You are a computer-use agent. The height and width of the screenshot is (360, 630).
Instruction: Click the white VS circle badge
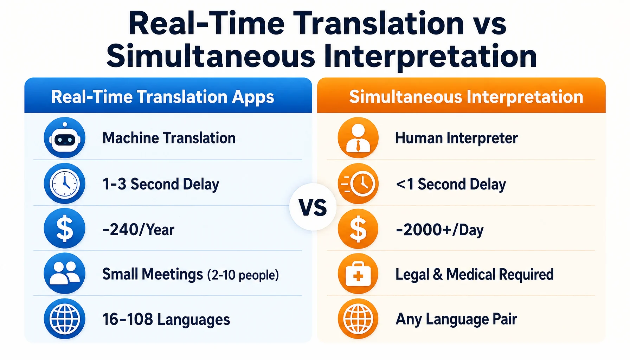point(313,207)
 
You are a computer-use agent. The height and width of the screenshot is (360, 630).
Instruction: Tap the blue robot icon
point(65,137)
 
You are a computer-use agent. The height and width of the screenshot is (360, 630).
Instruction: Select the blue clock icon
point(65,184)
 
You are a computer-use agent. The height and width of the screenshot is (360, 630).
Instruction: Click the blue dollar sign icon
point(65,229)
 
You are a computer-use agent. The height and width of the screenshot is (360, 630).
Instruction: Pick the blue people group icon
point(65,273)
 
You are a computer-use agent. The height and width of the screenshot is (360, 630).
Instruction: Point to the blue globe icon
point(65,319)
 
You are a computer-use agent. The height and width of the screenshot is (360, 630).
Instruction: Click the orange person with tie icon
point(358,137)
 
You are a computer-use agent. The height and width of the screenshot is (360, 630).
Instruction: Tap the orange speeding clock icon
point(358,184)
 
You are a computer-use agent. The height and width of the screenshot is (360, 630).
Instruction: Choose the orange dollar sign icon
point(358,229)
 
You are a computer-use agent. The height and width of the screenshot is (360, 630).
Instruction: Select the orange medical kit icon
point(358,274)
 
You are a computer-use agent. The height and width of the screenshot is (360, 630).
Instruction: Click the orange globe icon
point(358,319)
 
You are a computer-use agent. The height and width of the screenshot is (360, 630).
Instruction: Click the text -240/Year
point(138,230)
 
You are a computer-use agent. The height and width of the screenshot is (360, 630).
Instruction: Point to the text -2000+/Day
point(439,230)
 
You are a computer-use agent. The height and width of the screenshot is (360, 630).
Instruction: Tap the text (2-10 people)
point(243,275)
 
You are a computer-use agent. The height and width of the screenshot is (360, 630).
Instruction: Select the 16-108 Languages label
point(166,320)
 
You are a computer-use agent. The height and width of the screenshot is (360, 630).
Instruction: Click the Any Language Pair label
point(456,320)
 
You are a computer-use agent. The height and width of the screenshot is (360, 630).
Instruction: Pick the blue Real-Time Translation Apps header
point(168,95)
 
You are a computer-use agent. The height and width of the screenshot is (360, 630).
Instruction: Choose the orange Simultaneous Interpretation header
point(461,95)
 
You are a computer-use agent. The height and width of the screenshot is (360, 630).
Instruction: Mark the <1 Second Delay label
point(451,184)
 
